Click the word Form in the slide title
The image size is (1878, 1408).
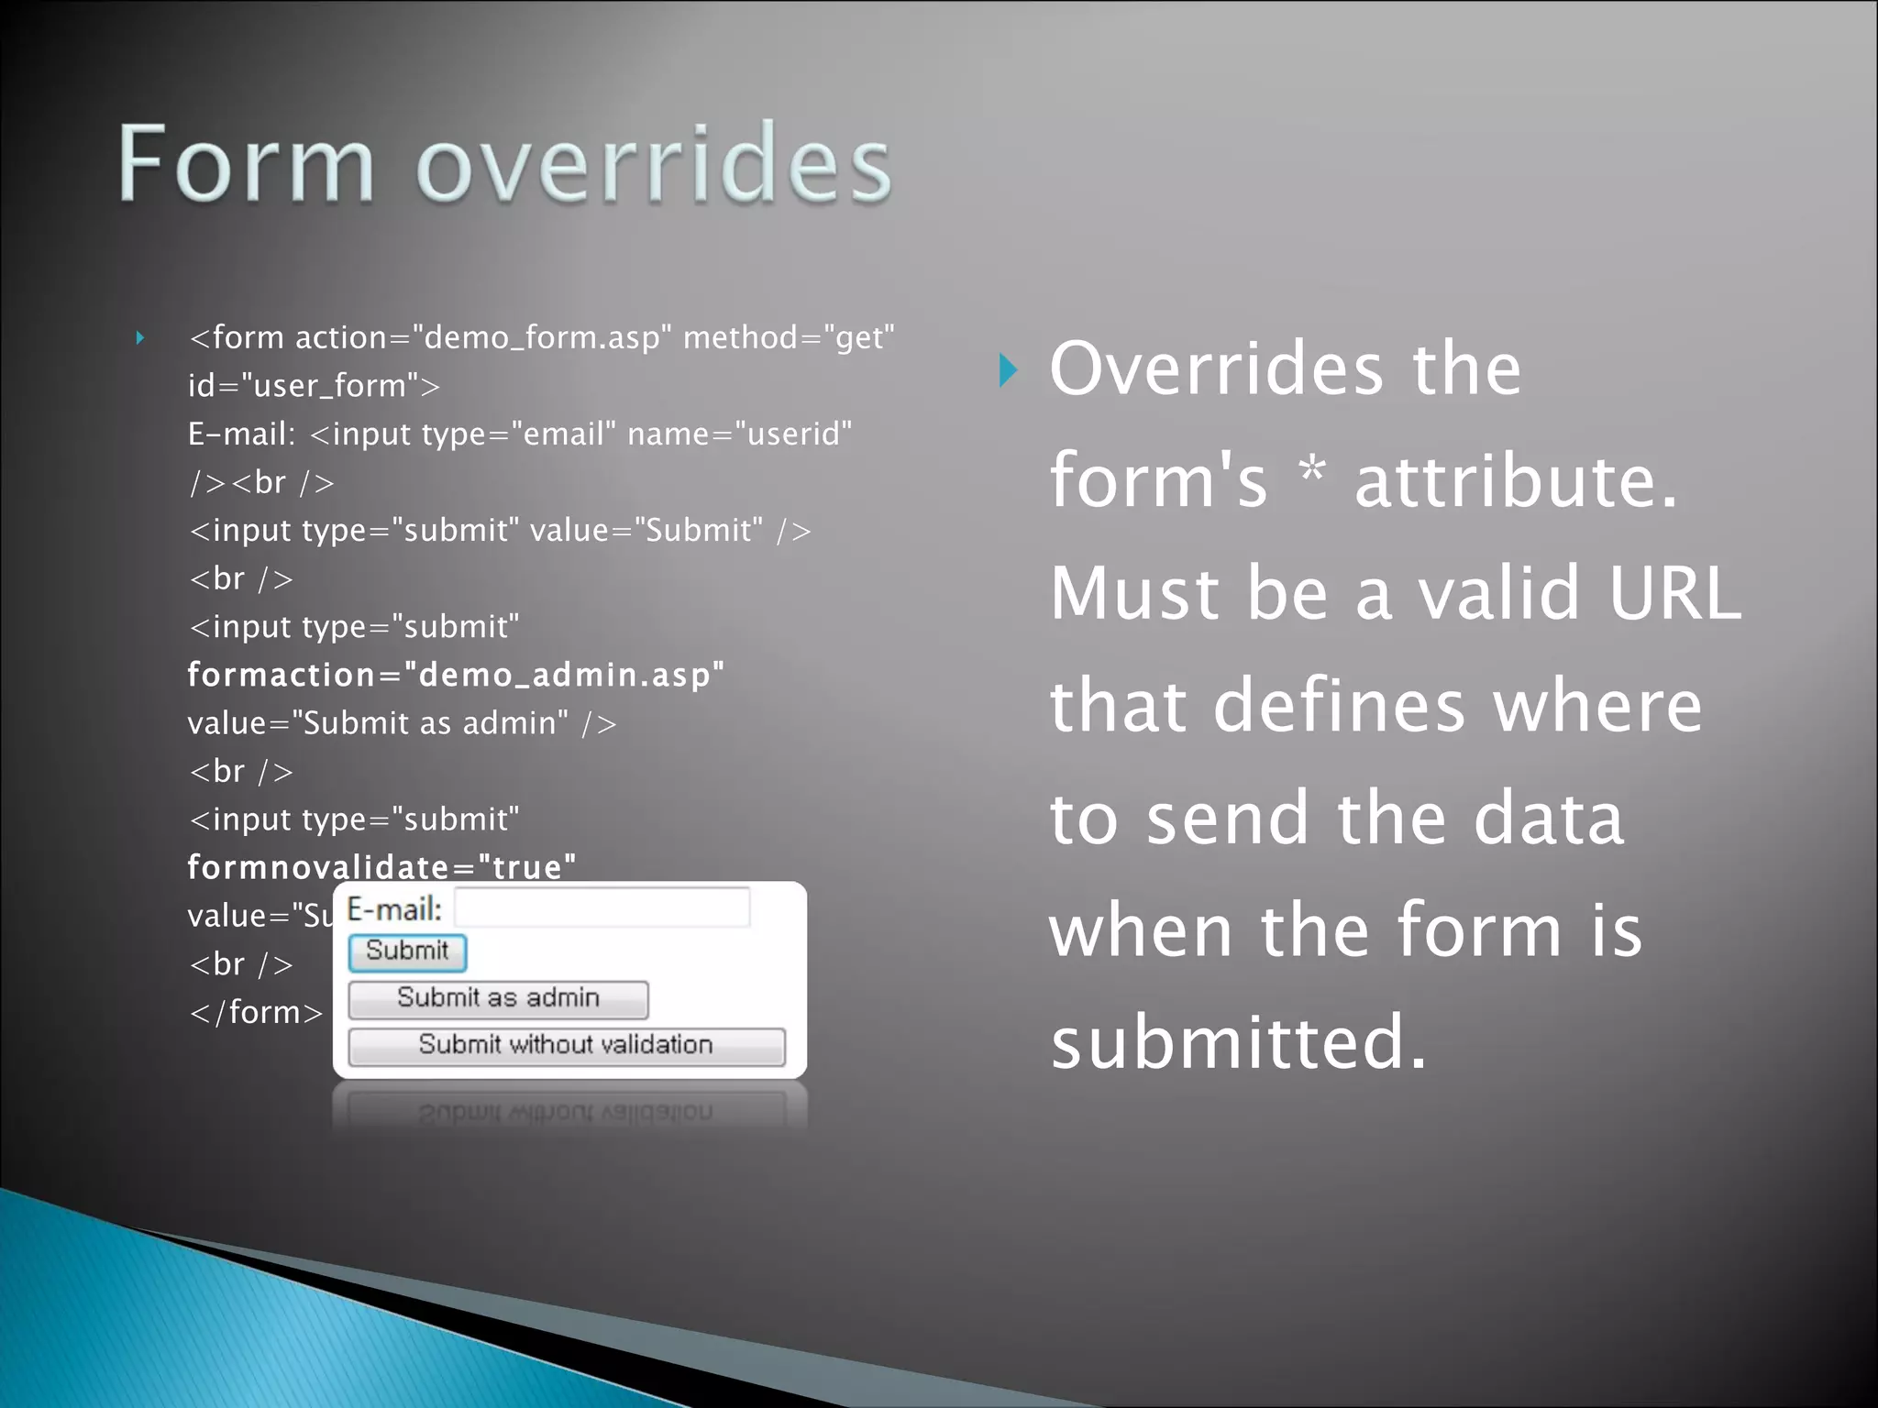246,165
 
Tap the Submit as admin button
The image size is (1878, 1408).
498,999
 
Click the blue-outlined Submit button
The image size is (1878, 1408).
407,952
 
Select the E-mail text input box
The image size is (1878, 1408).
602,908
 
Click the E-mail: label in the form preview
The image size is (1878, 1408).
394,910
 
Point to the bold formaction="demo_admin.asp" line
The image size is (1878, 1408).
456,676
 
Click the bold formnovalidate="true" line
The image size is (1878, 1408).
381,867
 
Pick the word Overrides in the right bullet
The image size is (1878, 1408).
1215,369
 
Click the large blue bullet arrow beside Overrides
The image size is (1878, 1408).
1008,370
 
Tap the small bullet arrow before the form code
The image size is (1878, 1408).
140,338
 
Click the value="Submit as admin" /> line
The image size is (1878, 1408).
402,724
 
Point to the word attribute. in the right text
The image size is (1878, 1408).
1515,482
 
